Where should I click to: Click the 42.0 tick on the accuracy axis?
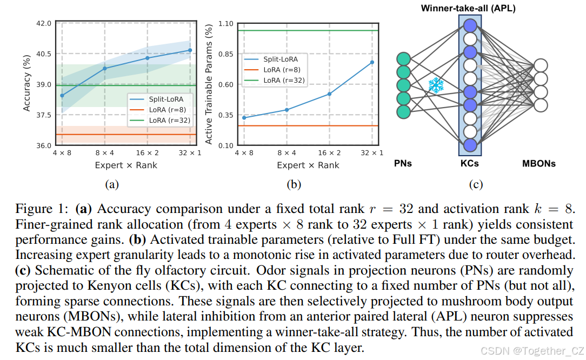pyautogui.click(x=43, y=23)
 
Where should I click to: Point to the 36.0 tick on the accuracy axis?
pyautogui.click(x=43, y=145)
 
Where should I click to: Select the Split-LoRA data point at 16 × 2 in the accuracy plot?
pyautogui.click(x=147, y=58)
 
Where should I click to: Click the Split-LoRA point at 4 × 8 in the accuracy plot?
pyautogui.click(x=62, y=95)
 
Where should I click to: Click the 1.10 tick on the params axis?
pyautogui.click(x=224, y=23)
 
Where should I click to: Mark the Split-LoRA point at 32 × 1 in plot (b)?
pyautogui.click(x=372, y=62)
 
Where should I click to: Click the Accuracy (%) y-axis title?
pyautogui.click(x=26, y=85)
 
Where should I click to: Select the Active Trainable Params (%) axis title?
pyautogui.click(x=209, y=85)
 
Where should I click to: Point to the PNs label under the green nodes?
pyautogui.click(x=403, y=163)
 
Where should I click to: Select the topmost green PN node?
pyautogui.click(x=403, y=59)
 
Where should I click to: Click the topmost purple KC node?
pyautogui.click(x=470, y=25)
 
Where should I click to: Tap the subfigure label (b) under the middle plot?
pyautogui.click(x=294, y=184)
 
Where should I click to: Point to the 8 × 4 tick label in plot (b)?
pyautogui.click(x=287, y=153)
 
